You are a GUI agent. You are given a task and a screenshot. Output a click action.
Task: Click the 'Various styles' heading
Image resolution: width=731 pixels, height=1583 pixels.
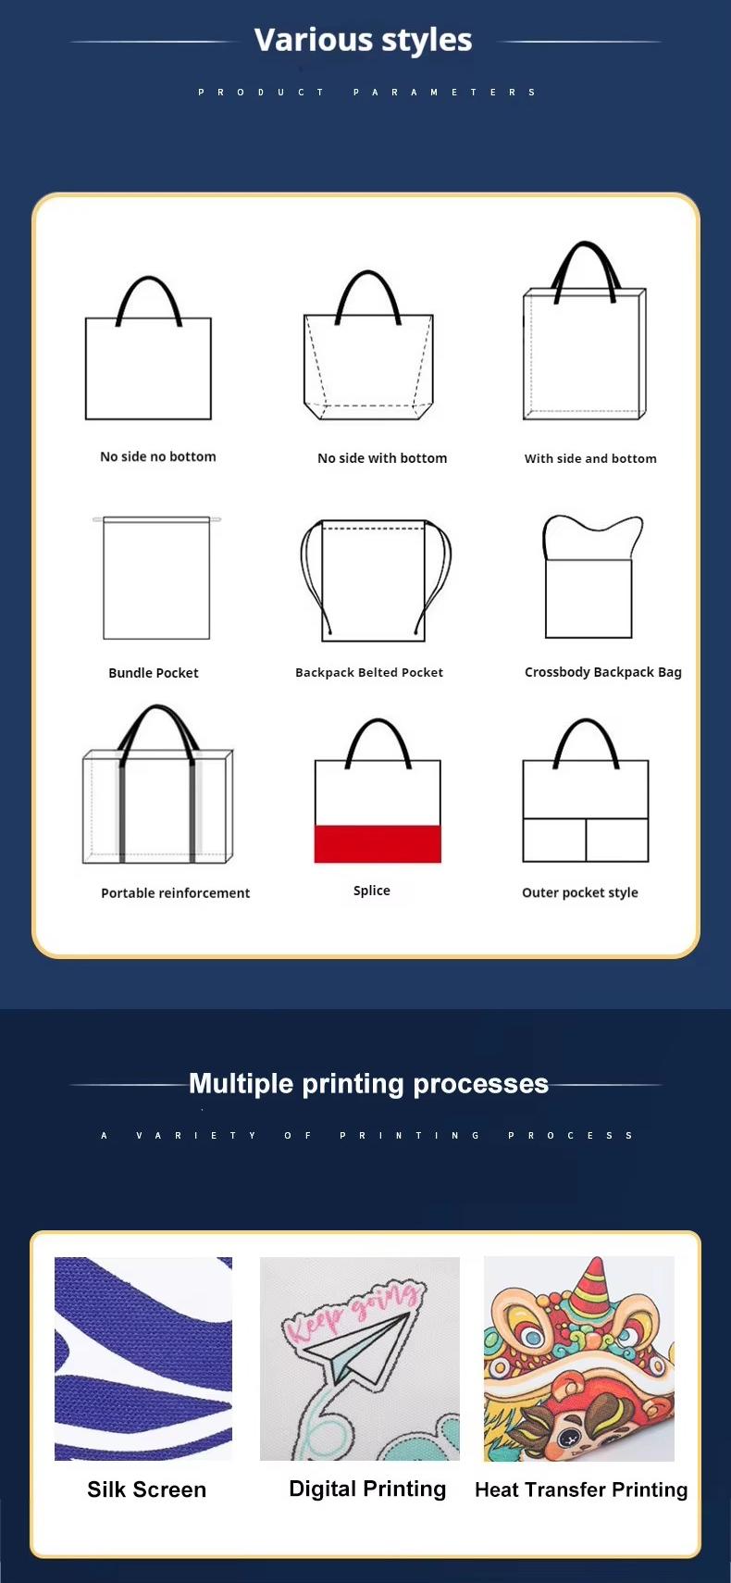363,40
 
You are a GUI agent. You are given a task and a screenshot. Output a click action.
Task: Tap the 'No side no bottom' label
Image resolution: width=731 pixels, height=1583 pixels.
158,456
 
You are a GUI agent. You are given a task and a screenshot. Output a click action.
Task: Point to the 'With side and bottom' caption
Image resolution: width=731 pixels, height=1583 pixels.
590,458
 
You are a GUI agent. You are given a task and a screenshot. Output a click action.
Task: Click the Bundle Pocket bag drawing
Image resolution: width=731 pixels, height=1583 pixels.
156,579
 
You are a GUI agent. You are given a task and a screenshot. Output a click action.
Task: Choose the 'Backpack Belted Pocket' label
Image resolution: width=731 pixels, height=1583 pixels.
369,672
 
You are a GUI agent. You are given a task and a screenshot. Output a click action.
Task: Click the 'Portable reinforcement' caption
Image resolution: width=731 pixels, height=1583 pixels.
176,892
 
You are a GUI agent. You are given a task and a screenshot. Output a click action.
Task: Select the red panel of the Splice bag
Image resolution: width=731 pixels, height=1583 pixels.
378,843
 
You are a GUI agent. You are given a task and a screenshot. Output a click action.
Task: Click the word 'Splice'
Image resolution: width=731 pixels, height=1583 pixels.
372,891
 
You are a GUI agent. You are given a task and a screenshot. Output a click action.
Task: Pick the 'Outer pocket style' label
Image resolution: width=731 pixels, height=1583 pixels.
580,892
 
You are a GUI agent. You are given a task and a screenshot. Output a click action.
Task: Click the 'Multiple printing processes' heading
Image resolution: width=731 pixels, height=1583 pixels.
368,1084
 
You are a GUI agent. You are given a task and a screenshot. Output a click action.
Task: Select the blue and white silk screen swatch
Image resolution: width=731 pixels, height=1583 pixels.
143,1358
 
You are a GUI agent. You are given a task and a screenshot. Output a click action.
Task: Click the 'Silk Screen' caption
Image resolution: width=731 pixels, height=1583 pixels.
147,1490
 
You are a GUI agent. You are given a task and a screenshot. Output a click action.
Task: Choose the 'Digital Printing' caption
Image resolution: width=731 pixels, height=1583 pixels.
367,1489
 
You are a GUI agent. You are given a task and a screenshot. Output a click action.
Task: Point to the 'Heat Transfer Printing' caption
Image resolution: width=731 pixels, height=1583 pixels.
581,1490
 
